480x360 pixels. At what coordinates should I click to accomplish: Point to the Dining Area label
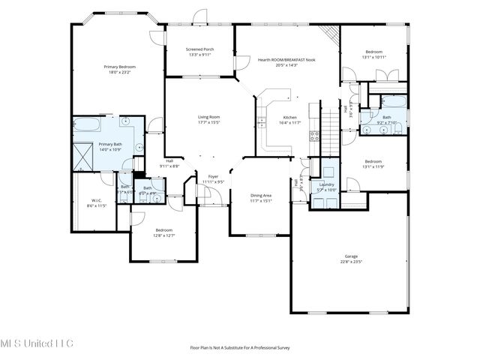coord(261,195)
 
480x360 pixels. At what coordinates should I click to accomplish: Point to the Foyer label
coord(212,176)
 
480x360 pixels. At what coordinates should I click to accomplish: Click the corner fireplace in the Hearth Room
coord(328,35)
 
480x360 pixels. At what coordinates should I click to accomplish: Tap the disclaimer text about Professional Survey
coord(240,347)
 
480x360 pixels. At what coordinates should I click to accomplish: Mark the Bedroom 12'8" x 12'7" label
coord(164,229)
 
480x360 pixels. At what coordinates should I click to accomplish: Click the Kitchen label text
coord(290,117)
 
